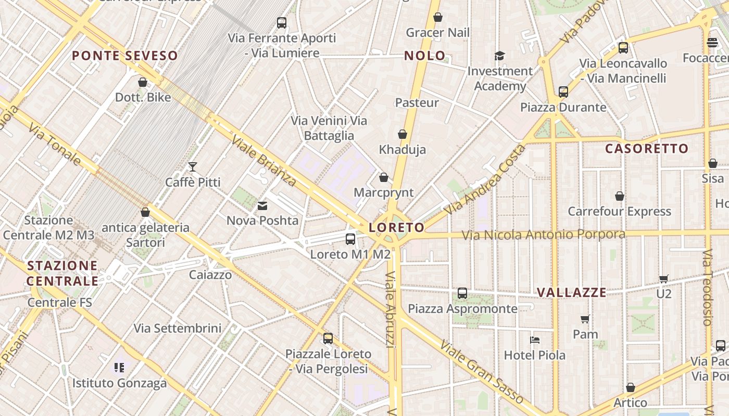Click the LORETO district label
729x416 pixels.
[396, 228]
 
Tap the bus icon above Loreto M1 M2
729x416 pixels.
[350, 239]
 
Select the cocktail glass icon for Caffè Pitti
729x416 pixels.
[193, 167]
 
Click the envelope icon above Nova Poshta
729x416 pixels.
[262, 206]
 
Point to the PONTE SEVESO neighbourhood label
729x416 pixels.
[125, 56]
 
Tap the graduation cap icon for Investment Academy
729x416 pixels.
[499, 56]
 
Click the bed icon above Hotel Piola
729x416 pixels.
[534, 340]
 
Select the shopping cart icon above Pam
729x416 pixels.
[585, 319]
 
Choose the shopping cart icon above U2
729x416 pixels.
[663, 279]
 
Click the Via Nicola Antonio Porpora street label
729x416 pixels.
[544, 235]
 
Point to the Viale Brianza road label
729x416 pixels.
[263, 161]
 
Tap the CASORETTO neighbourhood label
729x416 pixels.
[647, 149]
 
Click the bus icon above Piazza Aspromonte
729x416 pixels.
[462, 293]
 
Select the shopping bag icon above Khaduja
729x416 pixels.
[402, 135]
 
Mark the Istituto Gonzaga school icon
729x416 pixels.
[119, 368]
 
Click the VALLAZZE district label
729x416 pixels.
[572, 292]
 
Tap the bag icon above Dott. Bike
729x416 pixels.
[143, 82]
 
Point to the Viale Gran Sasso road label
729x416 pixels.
[481, 371]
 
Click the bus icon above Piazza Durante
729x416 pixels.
[563, 92]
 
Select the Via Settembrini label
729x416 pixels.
[178, 329]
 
